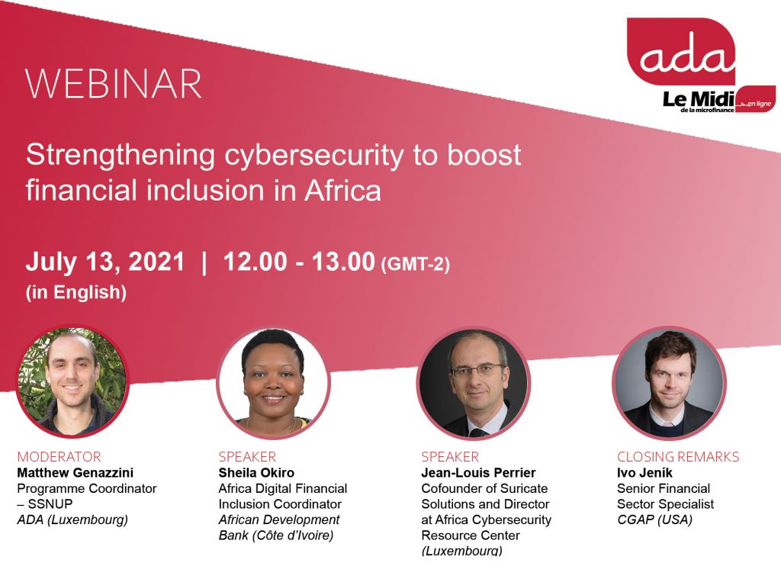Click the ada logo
[681, 51]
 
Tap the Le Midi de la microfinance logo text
[699, 101]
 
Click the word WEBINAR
[114, 84]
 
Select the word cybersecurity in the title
[313, 155]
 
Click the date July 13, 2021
[105, 262]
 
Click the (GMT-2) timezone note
[415, 264]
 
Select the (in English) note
[76, 292]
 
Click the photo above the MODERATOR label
[72, 381]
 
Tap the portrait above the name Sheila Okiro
[273, 382]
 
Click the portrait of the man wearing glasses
[474, 383]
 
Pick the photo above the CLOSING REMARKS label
[669, 383]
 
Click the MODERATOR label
[59, 456]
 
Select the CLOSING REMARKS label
[678, 456]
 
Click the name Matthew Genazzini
[76, 472]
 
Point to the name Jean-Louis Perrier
[479, 472]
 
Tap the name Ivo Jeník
[644, 472]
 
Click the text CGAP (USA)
[654, 520]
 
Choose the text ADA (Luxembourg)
[72, 520]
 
